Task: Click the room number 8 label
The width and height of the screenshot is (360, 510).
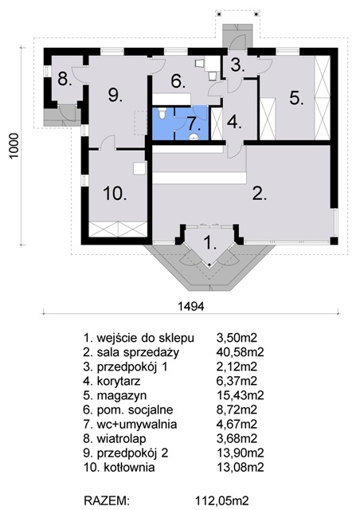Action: click(65, 79)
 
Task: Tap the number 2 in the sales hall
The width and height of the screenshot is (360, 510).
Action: click(259, 194)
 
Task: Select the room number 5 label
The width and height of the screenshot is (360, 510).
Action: click(296, 97)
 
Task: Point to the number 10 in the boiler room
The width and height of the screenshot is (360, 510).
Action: click(115, 194)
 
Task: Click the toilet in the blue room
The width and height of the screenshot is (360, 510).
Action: click(162, 113)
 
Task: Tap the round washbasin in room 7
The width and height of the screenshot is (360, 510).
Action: click(194, 136)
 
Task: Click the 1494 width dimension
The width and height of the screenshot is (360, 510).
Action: click(191, 306)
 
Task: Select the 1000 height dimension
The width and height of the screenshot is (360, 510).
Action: click(14, 145)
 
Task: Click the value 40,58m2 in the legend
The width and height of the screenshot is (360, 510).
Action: click(240, 352)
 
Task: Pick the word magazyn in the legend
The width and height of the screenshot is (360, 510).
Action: click(122, 396)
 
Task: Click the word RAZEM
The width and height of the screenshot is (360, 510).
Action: click(107, 500)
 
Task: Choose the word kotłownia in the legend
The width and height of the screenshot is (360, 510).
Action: click(129, 468)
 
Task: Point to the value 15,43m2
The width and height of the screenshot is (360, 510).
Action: click(240, 395)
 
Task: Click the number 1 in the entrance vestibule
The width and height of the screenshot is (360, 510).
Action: click(209, 242)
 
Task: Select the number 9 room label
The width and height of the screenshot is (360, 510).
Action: click(115, 95)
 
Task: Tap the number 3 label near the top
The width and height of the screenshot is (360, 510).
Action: click(237, 65)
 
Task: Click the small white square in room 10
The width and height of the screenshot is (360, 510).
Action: click(139, 168)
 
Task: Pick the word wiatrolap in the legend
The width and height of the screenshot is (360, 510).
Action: click(121, 439)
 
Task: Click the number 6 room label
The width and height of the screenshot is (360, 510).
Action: click(178, 81)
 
